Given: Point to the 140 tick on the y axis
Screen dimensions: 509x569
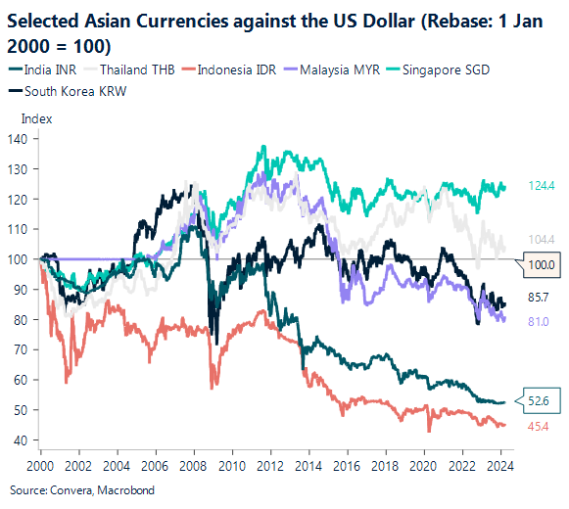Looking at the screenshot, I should (x=19, y=139).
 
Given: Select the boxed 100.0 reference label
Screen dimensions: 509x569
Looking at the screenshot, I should (x=542, y=264).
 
